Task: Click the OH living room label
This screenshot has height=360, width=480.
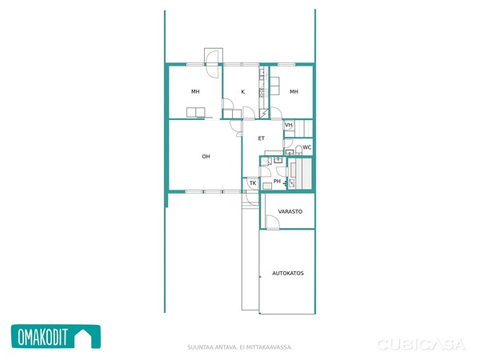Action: (206, 157)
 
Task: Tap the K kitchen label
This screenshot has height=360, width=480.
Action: (242, 91)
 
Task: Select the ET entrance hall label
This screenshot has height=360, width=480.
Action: (261, 138)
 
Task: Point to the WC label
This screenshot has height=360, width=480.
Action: (307, 147)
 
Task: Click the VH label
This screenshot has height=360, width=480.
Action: (289, 125)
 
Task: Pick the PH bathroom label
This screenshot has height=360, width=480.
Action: (277, 182)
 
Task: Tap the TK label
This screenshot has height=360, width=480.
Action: (253, 183)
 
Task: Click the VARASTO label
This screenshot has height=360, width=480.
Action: (290, 211)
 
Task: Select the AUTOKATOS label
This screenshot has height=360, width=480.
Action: (288, 273)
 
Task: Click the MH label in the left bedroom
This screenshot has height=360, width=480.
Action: (195, 91)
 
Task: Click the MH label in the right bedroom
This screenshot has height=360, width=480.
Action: (294, 91)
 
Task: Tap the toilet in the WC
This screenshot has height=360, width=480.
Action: (298, 150)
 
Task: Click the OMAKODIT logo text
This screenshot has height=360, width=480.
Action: (42, 337)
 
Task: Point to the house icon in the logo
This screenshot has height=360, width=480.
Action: (83, 337)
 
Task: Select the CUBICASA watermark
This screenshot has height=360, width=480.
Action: (422, 345)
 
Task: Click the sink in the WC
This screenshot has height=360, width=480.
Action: (290, 152)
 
